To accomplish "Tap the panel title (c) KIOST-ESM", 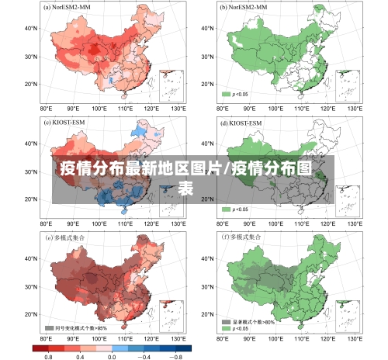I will coord(68,123).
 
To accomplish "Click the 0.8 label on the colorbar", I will coord(48,355).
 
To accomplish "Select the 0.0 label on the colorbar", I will coord(112,355).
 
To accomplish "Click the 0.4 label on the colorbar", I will coord(80,355).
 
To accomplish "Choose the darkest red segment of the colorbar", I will coord(40,347).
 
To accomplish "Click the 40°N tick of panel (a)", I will coord(31,29).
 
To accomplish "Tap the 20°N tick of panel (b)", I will coord(206,85).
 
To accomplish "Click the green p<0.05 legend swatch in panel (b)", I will coord(227,94).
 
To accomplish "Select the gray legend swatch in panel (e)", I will coord(50,328).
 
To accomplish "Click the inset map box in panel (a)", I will coord(171,85).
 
